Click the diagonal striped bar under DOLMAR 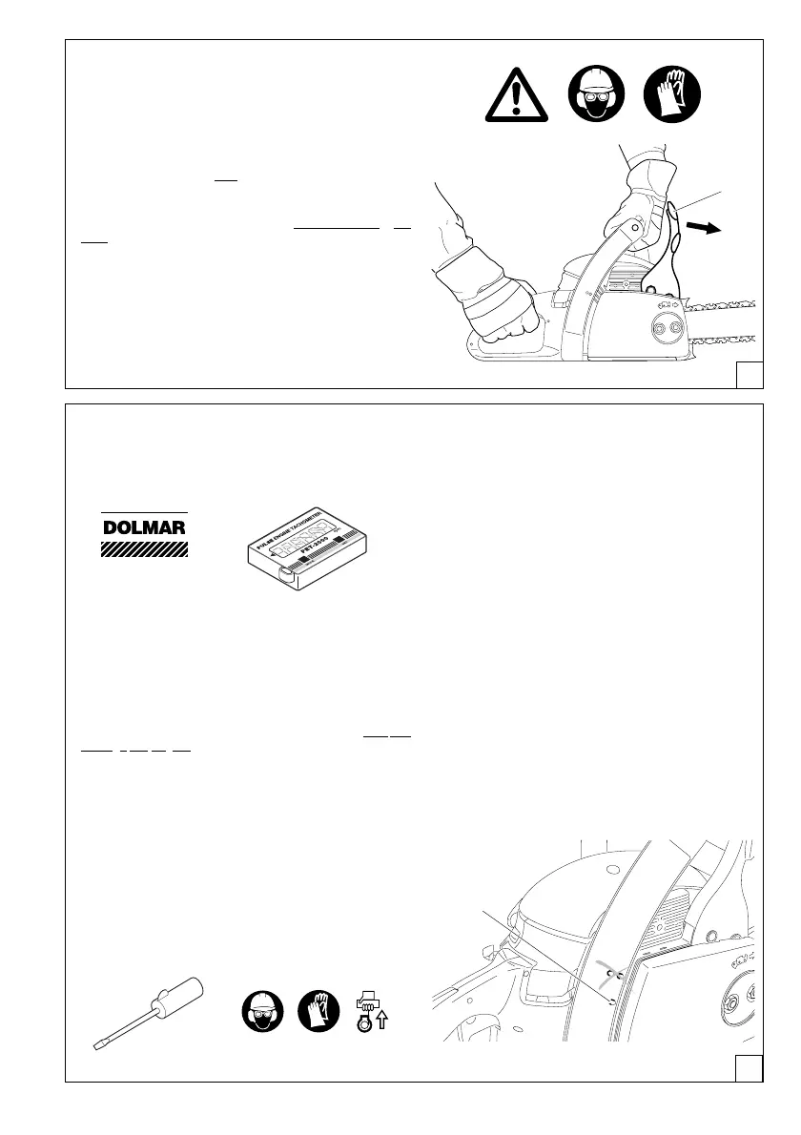pos(145,549)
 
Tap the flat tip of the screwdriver pos(96,1047)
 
